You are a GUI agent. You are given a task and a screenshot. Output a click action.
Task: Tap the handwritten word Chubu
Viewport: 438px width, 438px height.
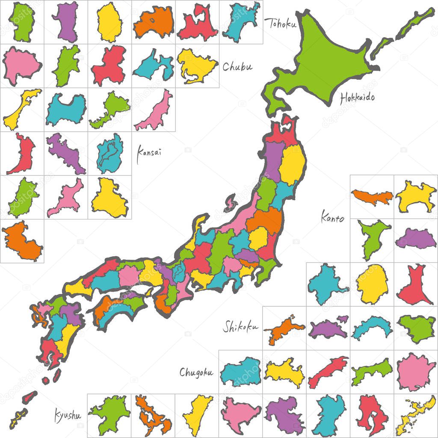tap(237, 67)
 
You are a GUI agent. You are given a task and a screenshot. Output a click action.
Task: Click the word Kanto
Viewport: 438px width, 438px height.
tap(332, 218)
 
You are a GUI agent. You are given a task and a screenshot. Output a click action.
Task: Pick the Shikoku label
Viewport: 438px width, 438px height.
tap(241, 327)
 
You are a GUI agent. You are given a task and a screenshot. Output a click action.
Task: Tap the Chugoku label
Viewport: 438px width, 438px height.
tap(196, 372)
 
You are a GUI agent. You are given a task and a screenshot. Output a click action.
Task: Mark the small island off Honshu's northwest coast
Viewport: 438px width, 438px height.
tap(231, 202)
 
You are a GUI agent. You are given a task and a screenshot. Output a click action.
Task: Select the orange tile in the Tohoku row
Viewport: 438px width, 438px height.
tap(153, 23)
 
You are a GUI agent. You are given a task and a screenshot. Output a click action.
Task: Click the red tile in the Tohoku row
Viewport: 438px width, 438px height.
tap(197, 23)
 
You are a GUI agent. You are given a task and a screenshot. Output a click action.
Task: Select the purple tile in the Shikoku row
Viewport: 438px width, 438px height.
tap(328, 328)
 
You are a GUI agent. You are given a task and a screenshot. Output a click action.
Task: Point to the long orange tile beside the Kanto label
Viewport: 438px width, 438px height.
tap(372, 196)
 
